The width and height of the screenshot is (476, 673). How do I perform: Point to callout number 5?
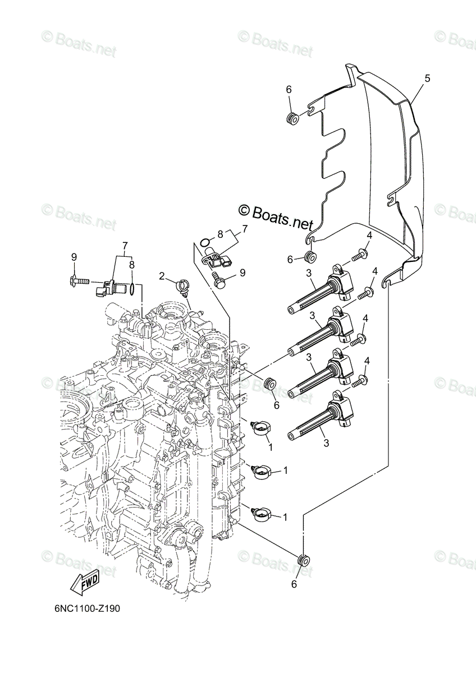pos(427,79)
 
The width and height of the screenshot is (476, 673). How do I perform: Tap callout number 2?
pos(162,276)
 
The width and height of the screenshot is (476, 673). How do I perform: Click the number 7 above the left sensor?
pos(125,246)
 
